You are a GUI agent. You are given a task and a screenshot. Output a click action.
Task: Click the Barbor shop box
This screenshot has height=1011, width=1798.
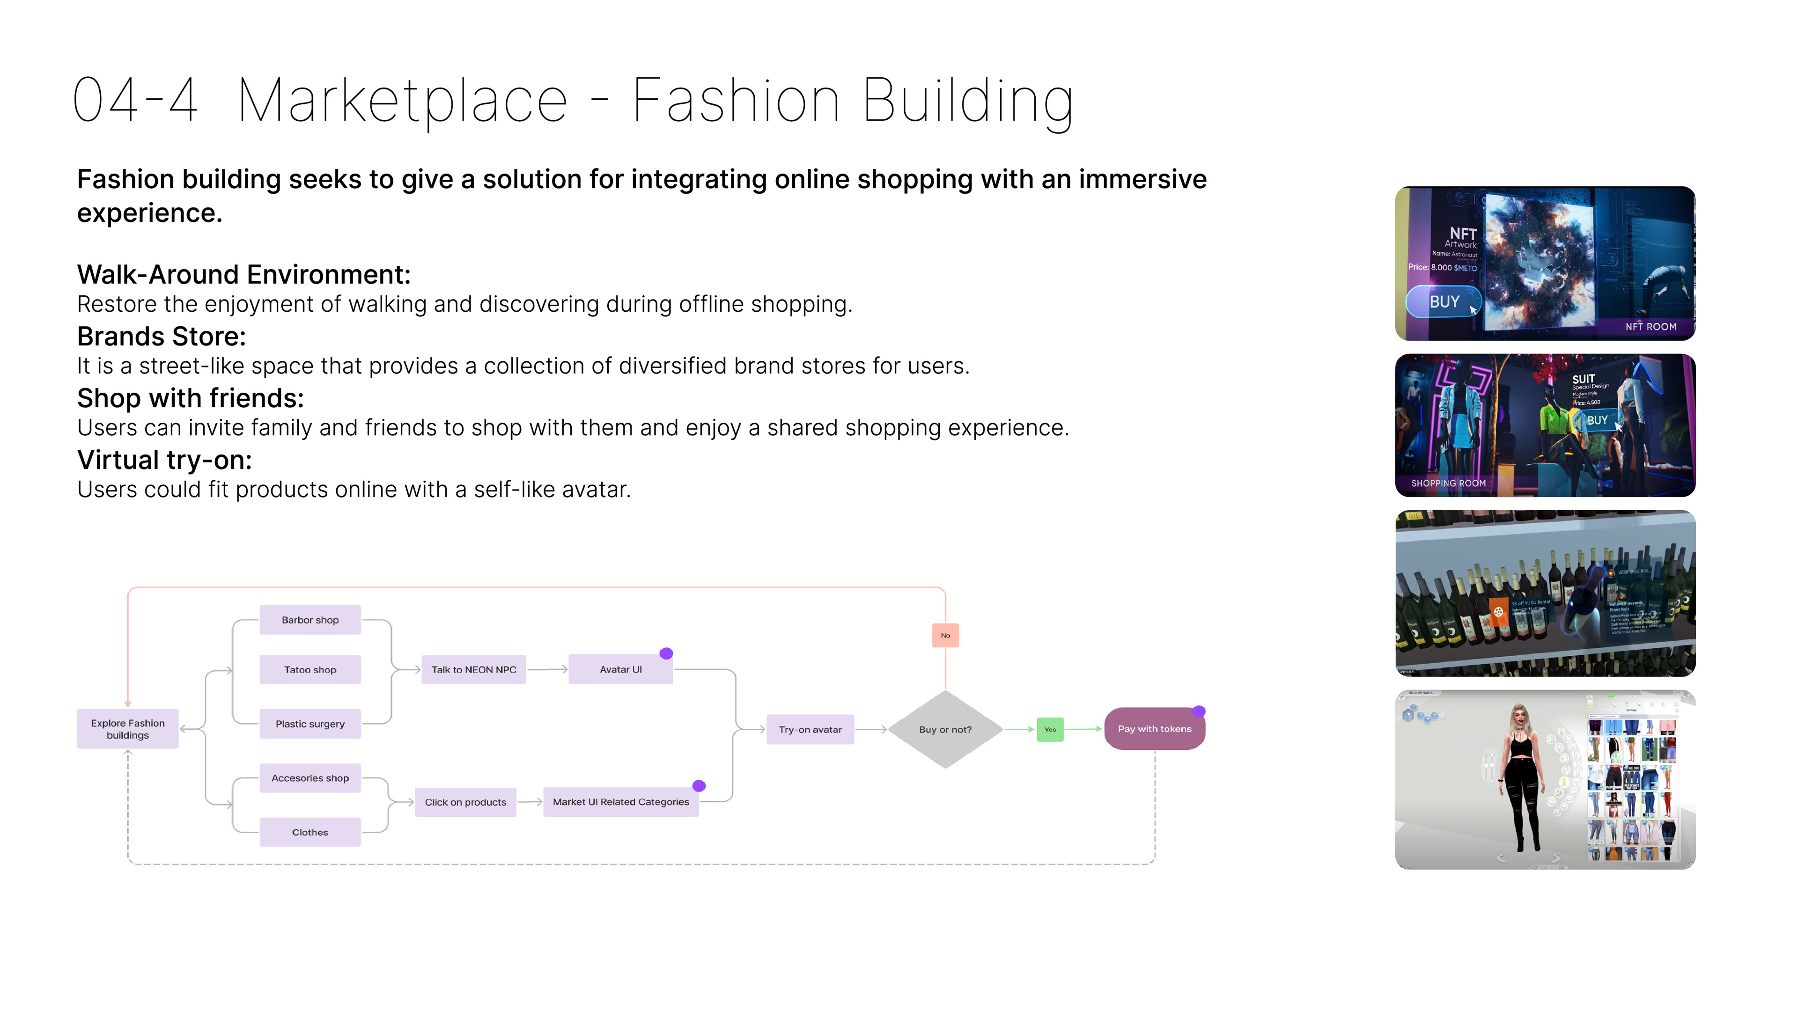(310, 620)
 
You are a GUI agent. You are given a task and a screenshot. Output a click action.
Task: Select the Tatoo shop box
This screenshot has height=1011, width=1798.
(310, 669)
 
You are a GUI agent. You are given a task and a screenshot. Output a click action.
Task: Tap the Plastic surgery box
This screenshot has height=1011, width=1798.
(310, 724)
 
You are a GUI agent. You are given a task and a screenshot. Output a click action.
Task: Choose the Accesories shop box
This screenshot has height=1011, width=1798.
(310, 778)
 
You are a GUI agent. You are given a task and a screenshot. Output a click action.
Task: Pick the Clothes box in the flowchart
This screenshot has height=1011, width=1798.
(310, 832)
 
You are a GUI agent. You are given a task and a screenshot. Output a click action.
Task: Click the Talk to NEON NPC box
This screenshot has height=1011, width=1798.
(473, 669)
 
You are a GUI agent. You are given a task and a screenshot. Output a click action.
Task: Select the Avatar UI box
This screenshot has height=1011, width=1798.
(620, 669)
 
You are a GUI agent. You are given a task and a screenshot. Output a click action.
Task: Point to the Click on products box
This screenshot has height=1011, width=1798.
(465, 802)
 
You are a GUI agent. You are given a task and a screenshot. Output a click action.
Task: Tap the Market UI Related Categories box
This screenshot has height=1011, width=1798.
(620, 802)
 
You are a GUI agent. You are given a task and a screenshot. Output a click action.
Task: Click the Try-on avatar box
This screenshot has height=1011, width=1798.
(810, 729)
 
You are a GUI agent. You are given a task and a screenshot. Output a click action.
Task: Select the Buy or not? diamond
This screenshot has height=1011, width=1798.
(945, 729)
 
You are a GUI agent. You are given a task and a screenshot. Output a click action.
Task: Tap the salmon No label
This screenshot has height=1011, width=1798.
(945, 635)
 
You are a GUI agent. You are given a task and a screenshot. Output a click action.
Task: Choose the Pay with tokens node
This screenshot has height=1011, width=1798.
(1155, 728)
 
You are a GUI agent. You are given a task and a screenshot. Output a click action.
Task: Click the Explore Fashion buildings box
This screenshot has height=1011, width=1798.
(128, 728)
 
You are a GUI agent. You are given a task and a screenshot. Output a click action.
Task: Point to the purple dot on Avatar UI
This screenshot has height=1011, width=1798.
(666, 653)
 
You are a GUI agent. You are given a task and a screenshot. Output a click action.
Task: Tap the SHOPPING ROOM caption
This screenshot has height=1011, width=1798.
(1448, 483)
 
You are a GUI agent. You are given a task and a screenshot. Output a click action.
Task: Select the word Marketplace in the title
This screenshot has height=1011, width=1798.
(403, 101)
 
